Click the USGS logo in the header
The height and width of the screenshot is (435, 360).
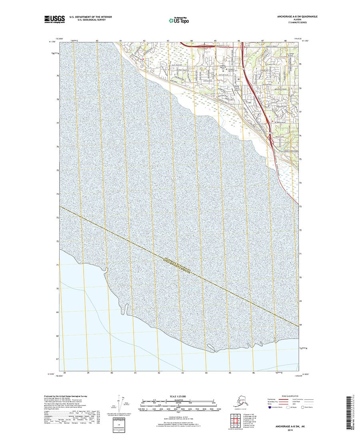[x=54, y=18]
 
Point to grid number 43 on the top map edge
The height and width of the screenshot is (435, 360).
[x=168, y=41]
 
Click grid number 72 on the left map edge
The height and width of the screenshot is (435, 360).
[x=57, y=241]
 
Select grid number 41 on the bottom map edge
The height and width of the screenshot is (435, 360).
[x=136, y=373]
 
